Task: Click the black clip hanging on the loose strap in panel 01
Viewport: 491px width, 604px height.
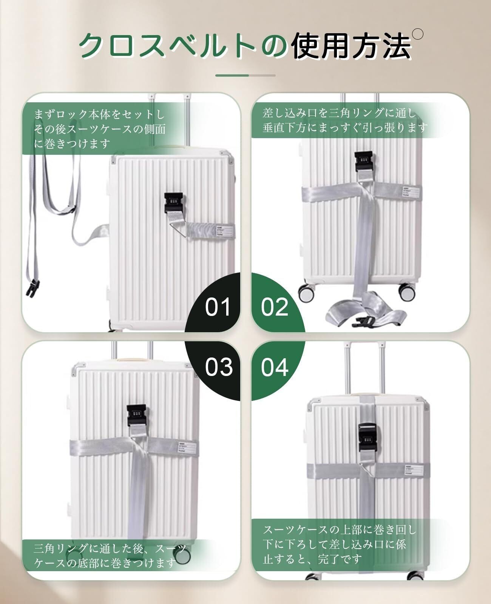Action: pyautogui.click(x=32, y=288)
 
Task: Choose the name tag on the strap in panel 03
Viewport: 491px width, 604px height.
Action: pyautogui.click(x=187, y=447)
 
